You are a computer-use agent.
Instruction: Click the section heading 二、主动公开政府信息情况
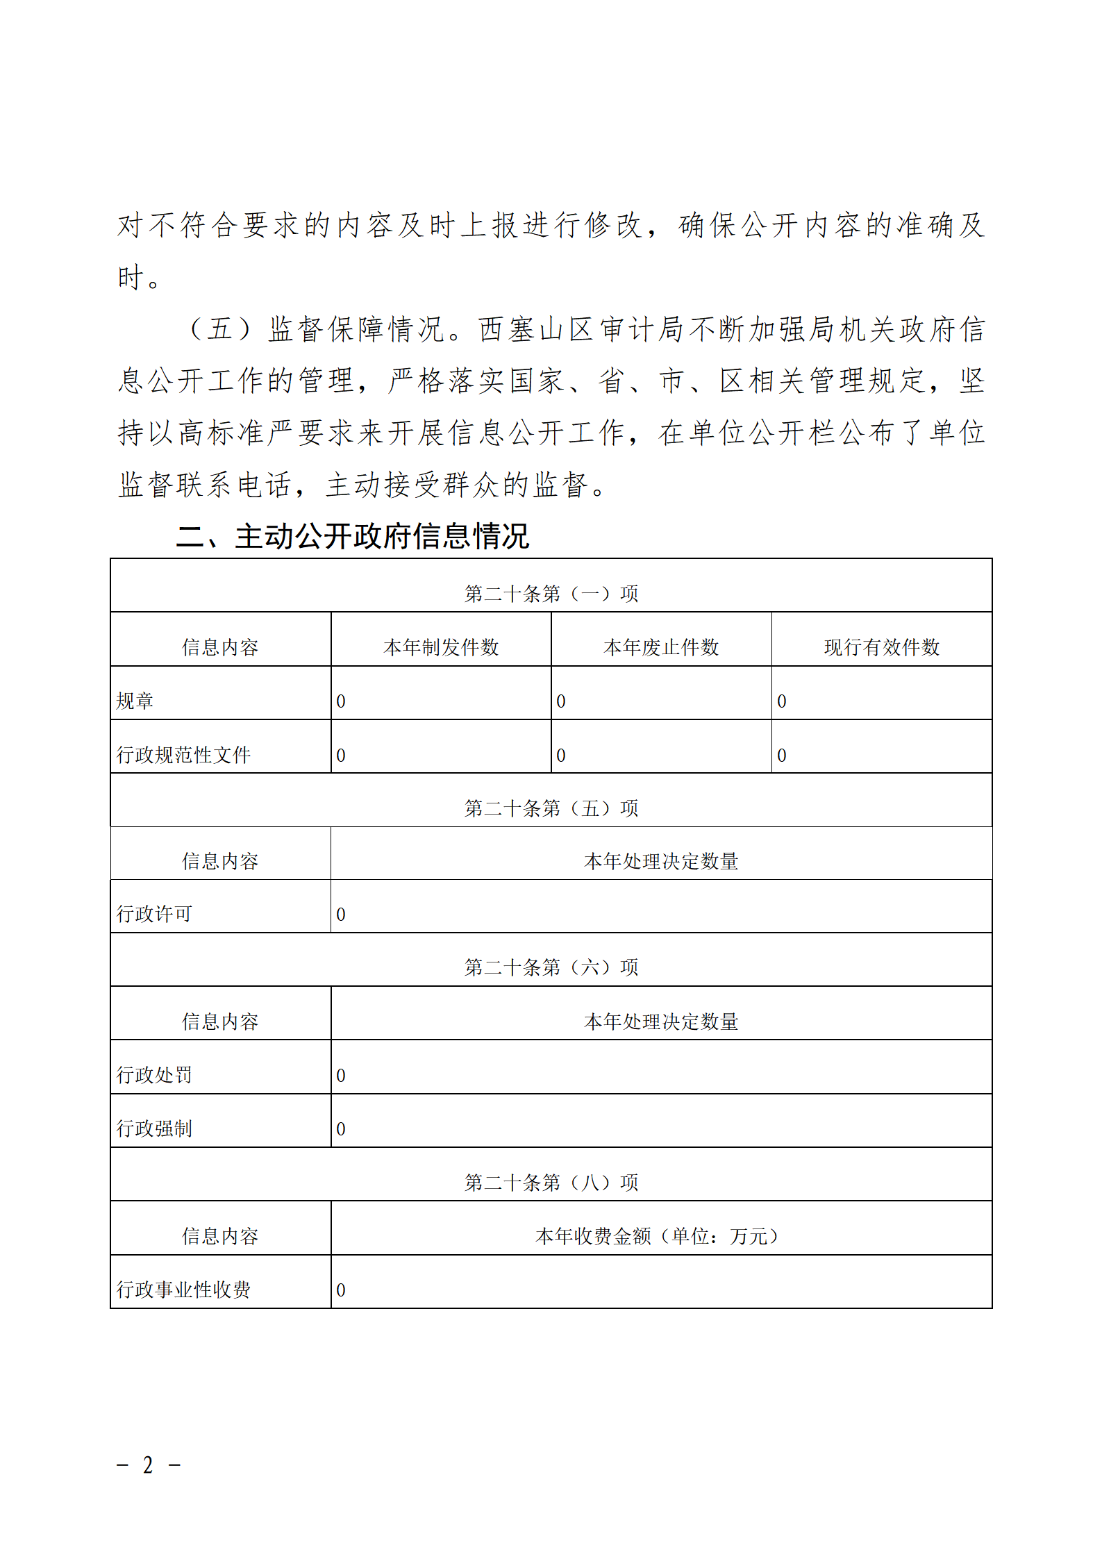tap(353, 537)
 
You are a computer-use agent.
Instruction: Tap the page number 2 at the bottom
tap(148, 1465)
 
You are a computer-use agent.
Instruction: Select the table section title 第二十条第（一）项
tap(551, 594)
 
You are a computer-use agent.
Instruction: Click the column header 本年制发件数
tap(441, 647)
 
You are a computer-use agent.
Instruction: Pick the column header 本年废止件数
tap(661, 647)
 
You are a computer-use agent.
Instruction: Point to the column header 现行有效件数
tap(881, 647)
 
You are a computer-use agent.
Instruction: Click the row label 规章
tap(135, 701)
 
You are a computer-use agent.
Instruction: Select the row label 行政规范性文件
tap(183, 755)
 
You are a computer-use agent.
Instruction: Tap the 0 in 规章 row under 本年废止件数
tap(561, 701)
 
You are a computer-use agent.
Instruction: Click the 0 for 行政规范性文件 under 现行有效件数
tap(782, 756)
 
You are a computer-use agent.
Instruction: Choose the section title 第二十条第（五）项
tap(551, 808)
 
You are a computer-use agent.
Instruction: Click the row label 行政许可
tap(154, 914)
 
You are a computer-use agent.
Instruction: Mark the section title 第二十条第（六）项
tap(551, 967)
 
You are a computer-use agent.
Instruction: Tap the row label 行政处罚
tap(154, 1075)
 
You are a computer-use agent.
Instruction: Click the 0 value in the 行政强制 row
tap(341, 1129)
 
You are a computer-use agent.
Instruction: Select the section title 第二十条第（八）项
tap(551, 1182)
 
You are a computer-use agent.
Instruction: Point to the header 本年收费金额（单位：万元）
tap(660, 1236)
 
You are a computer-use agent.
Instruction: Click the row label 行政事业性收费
tap(183, 1290)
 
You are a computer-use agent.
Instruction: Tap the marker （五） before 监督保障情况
tap(219, 329)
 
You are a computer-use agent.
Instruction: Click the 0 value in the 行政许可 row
tap(341, 915)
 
